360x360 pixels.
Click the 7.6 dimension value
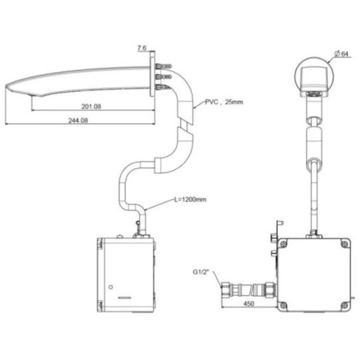142,48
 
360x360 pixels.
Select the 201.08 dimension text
91,107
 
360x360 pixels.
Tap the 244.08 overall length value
78,121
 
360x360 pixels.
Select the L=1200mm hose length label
190,199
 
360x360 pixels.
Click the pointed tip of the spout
7,88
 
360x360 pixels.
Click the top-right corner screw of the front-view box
344,244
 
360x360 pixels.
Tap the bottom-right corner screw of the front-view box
344,305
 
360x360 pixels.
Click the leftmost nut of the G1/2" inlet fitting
225,288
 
